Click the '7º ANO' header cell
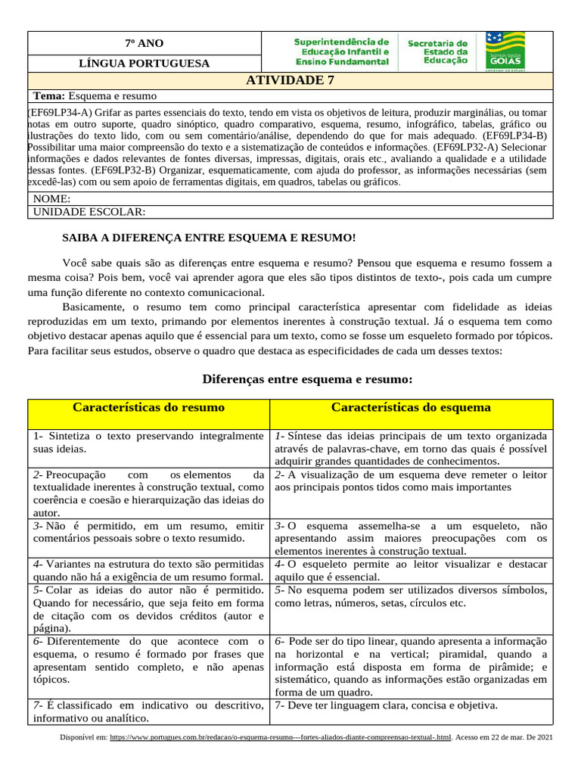tap(144, 43)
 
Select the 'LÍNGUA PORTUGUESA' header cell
tap(144, 64)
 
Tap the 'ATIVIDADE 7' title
tap(290, 80)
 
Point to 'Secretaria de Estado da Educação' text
tap(438, 51)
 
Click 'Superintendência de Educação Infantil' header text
tap(341, 51)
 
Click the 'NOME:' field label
tap(52, 199)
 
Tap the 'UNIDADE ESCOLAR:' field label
tap(89, 212)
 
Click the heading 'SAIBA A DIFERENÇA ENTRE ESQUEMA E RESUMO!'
tap(208, 238)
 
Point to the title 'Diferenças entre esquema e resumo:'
tap(307, 378)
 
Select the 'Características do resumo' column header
tap(148, 408)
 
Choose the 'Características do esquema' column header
tap(411, 408)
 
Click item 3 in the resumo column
tap(148, 531)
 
